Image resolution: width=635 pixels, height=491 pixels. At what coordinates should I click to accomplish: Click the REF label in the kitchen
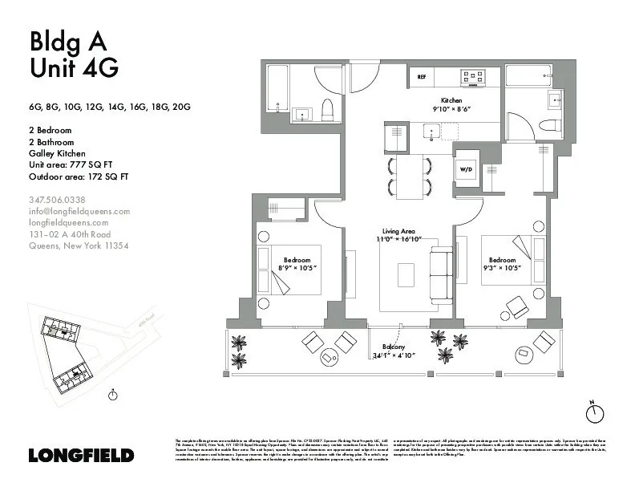pos(421,77)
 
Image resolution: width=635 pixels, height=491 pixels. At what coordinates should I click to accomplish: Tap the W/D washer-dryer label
pos(466,170)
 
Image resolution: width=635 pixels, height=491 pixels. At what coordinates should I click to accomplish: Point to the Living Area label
pos(398,231)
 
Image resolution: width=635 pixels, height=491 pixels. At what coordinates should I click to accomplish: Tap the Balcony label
pos(393,347)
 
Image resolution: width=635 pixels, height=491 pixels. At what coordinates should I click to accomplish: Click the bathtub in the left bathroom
pos(277,92)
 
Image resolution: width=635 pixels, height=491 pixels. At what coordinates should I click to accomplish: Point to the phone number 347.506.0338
pos(57,200)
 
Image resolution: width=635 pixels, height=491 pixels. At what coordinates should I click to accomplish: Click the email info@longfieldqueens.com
pos(79,211)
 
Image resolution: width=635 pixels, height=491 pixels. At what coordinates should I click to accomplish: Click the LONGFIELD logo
pos(81,455)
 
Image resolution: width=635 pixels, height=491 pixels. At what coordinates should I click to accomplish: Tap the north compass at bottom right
pos(593,412)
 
